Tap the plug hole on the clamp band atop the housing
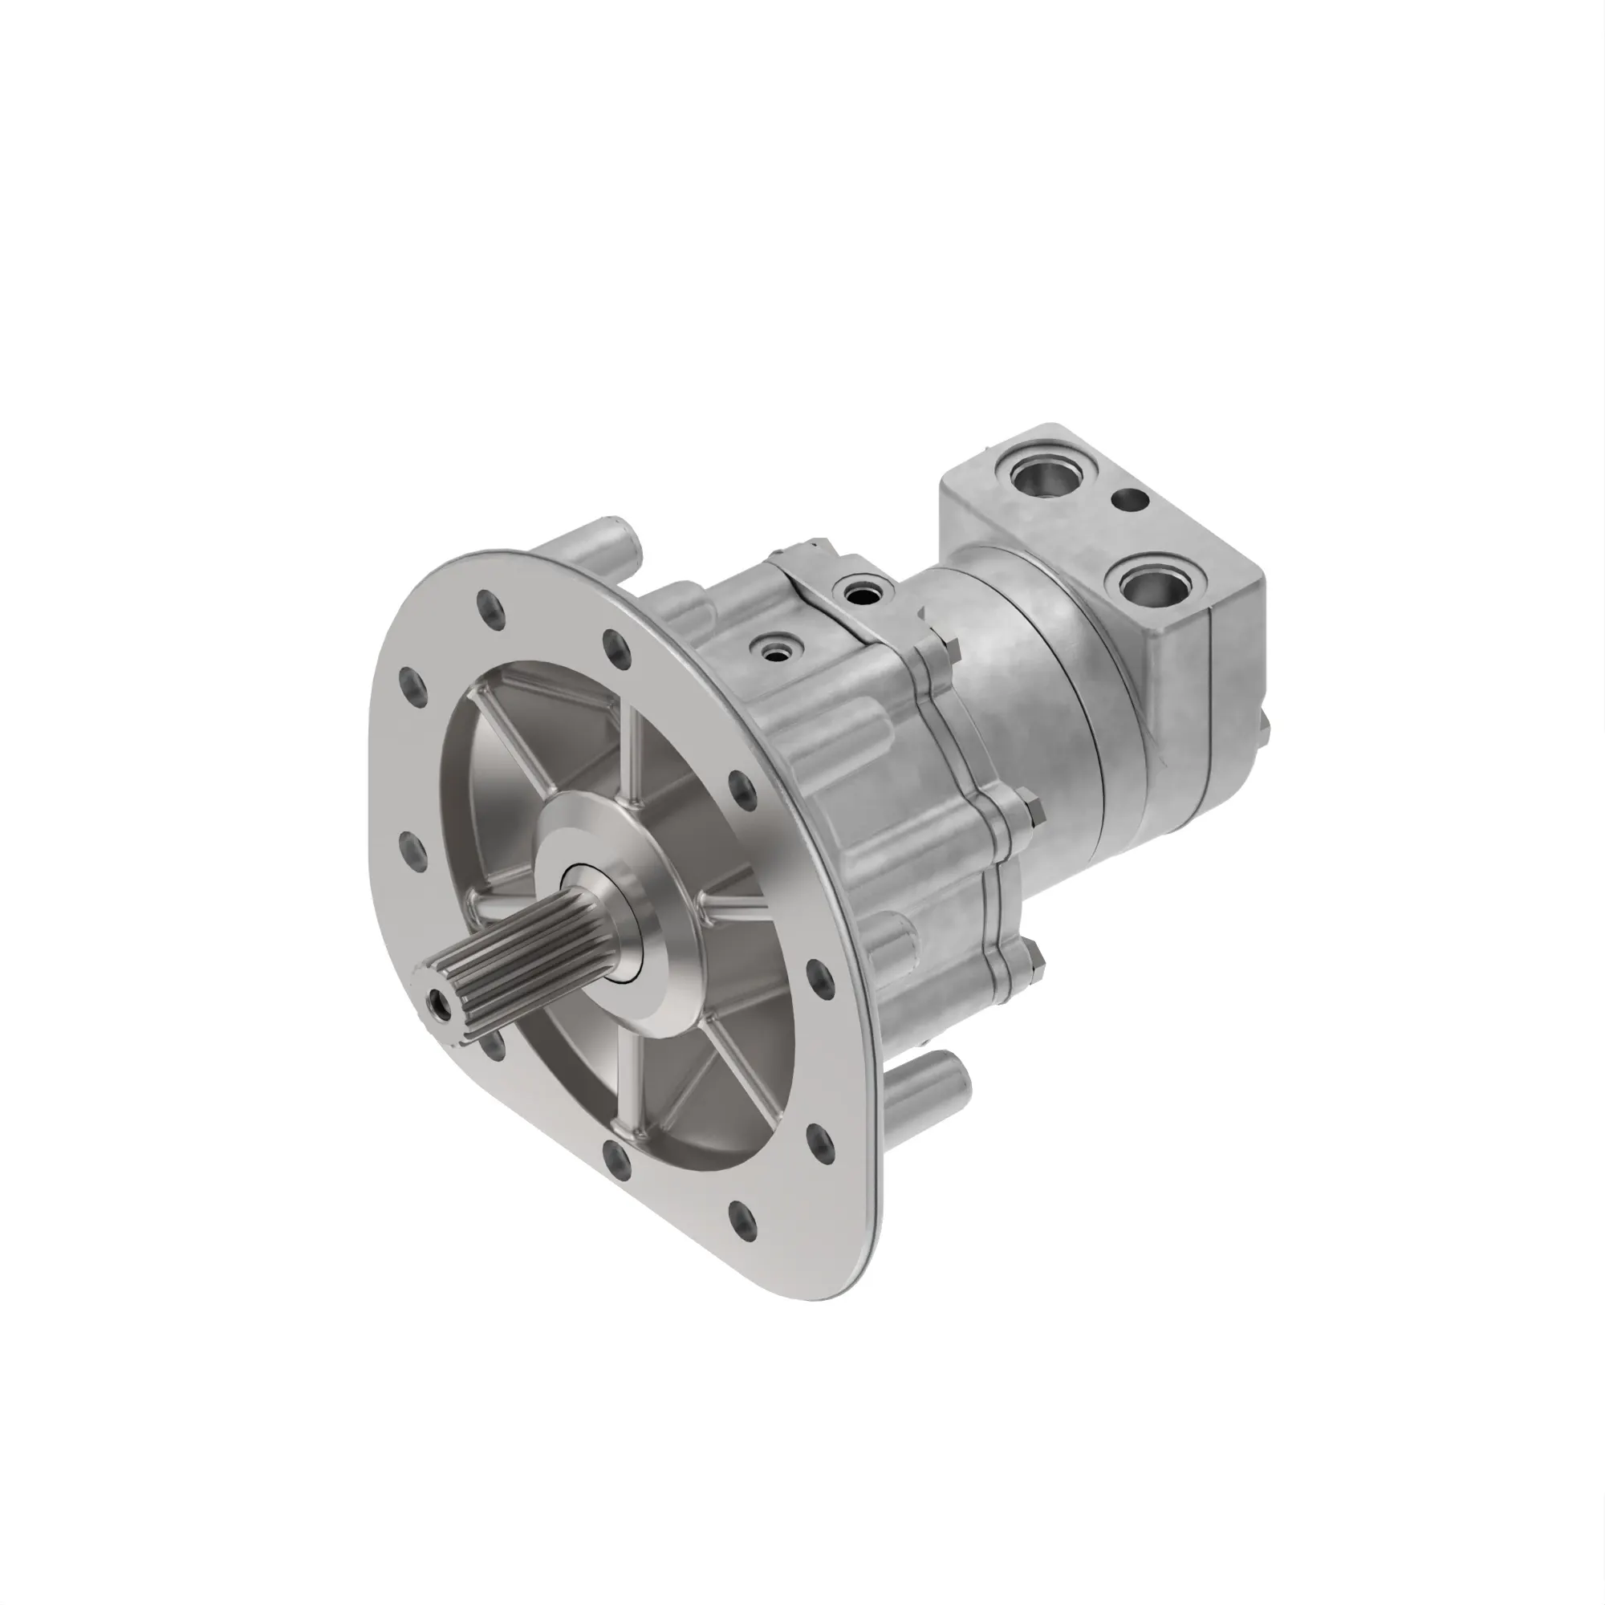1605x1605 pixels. click(x=856, y=592)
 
